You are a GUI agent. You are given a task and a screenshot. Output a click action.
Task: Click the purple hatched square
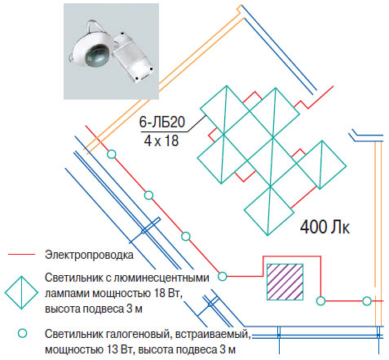pos(285,282)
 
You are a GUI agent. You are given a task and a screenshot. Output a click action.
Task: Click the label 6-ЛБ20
pos(162,122)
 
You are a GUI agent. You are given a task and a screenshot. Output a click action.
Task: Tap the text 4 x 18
pos(161,140)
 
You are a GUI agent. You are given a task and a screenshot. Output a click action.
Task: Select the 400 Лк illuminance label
pos(325,227)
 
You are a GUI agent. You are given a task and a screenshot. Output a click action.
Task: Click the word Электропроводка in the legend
pos(89,255)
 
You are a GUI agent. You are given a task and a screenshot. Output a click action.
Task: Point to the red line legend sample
pos(21,255)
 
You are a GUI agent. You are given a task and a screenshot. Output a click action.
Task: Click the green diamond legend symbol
pos(21,292)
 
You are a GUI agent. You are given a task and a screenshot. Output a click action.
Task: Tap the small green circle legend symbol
pos(23,333)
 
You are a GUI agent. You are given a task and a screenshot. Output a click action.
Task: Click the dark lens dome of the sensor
pos(97,56)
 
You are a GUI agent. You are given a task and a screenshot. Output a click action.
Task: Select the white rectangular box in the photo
pos(132,57)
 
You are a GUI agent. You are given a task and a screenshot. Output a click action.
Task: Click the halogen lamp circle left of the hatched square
pos(223,276)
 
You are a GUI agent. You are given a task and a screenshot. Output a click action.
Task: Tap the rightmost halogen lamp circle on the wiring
pos(367,301)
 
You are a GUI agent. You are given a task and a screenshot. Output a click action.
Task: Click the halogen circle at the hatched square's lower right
pos(320,300)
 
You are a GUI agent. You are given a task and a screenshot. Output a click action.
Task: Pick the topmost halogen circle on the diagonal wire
pos(112,154)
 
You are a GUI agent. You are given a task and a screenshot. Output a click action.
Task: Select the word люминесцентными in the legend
pos(161,278)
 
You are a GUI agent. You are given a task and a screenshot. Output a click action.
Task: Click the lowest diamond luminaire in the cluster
pos(269,211)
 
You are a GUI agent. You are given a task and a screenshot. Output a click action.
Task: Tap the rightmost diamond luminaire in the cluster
pos(321,165)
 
